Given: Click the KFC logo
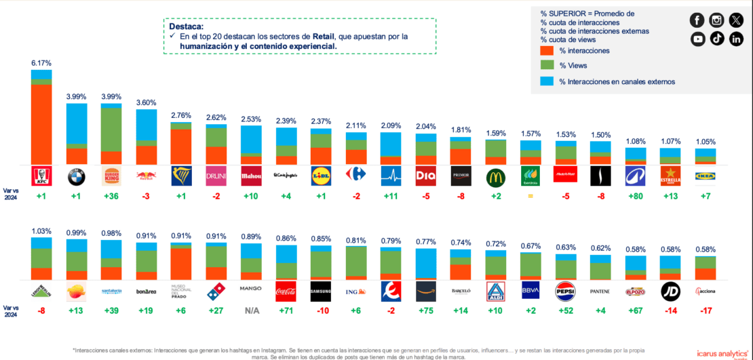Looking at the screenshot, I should [x=41, y=176].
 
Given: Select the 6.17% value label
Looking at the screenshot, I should [x=41, y=62].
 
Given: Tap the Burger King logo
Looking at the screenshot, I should [x=111, y=176].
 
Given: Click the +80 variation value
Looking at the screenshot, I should [x=635, y=197].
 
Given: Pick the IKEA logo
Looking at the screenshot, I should [x=705, y=176].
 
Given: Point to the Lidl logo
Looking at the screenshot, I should [x=321, y=176].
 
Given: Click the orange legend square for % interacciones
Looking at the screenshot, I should [x=547, y=50].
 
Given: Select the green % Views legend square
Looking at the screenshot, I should [x=547, y=66].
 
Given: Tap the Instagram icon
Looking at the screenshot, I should [x=717, y=20].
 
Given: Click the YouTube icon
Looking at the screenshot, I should [x=697, y=39].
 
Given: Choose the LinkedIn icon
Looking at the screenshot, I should [x=737, y=39].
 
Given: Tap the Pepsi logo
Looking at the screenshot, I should [x=565, y=292].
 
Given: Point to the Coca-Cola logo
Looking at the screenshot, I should [x=286, y=292].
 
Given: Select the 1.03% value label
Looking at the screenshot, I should [x=41, y=231].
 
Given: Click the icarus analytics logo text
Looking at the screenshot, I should [x=720, y=352].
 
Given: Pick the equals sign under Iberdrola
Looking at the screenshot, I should [x=530, y=197].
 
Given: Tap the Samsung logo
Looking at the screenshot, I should [x=321, y=292].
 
